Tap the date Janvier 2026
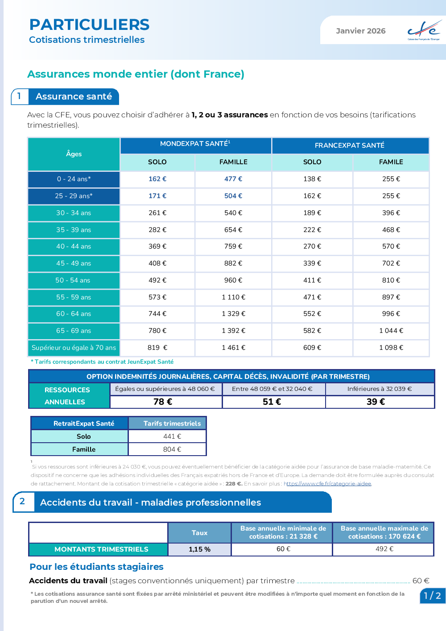[x=360, y=31]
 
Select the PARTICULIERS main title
[x=89, y=25]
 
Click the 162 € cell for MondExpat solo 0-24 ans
[x=157, y=179]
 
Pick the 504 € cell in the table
[x=233, y=196]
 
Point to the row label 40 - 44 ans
[x=74, y=246]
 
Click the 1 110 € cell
[x=233, y=297]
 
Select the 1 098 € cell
[x=391, y=348]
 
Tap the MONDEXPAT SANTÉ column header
[x=195, y=144]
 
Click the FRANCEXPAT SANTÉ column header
[x=350, y=145]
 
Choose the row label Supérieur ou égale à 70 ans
[x=74, y=348]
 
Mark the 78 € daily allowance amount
[x=163, y=402]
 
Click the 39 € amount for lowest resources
[x=376, y=402]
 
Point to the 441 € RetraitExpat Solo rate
[x=172, y=436]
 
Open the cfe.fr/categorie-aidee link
[x=328, y=484]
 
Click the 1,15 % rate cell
[x=199, y=549]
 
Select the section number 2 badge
[x=22, y=501]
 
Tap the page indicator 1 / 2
[x=432, y=595]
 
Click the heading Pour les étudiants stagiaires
[x=96, y=567]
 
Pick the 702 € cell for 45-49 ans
[x=391, y=263]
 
